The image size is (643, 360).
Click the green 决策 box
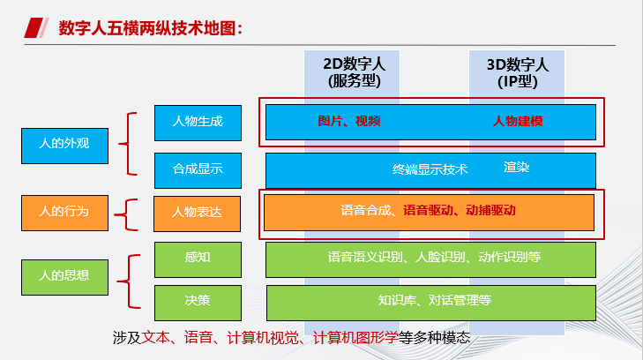(197, 301)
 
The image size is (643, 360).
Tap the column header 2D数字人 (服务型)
(354, 72)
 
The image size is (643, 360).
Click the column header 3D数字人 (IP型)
(518, 72)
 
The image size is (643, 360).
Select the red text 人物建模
(517, 122)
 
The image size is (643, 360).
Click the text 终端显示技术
(430, 169)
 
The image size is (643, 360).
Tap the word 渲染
(516, 166)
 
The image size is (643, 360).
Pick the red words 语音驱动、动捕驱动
(460, 211)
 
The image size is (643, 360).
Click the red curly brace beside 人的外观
(131, 143)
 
